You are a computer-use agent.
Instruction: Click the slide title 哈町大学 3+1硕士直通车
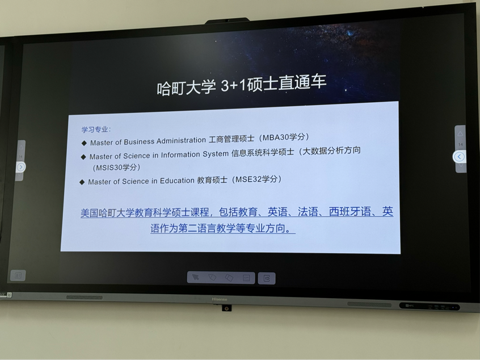[242, 86]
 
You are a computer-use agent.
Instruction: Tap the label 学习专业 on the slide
[95, 129]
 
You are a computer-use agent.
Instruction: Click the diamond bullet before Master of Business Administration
[84, 143]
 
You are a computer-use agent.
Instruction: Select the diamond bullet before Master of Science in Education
[82, 182]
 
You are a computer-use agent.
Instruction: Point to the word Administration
[181, 141]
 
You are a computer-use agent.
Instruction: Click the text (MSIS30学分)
[116, 168]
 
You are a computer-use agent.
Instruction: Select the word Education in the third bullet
[177, 181]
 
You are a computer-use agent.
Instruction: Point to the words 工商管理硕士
[231, 139]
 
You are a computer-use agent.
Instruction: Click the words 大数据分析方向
[331, 150]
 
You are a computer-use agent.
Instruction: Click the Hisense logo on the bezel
[220, 299]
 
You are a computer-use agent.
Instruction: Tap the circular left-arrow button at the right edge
[459, 157]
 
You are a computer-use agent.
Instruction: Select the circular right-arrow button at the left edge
[20, 167]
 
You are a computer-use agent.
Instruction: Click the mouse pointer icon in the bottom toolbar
[195, 277]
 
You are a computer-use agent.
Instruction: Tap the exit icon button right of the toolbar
[267, 278]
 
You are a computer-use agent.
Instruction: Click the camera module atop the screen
[227, 21]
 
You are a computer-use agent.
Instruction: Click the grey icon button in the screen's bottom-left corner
[18, 275]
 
